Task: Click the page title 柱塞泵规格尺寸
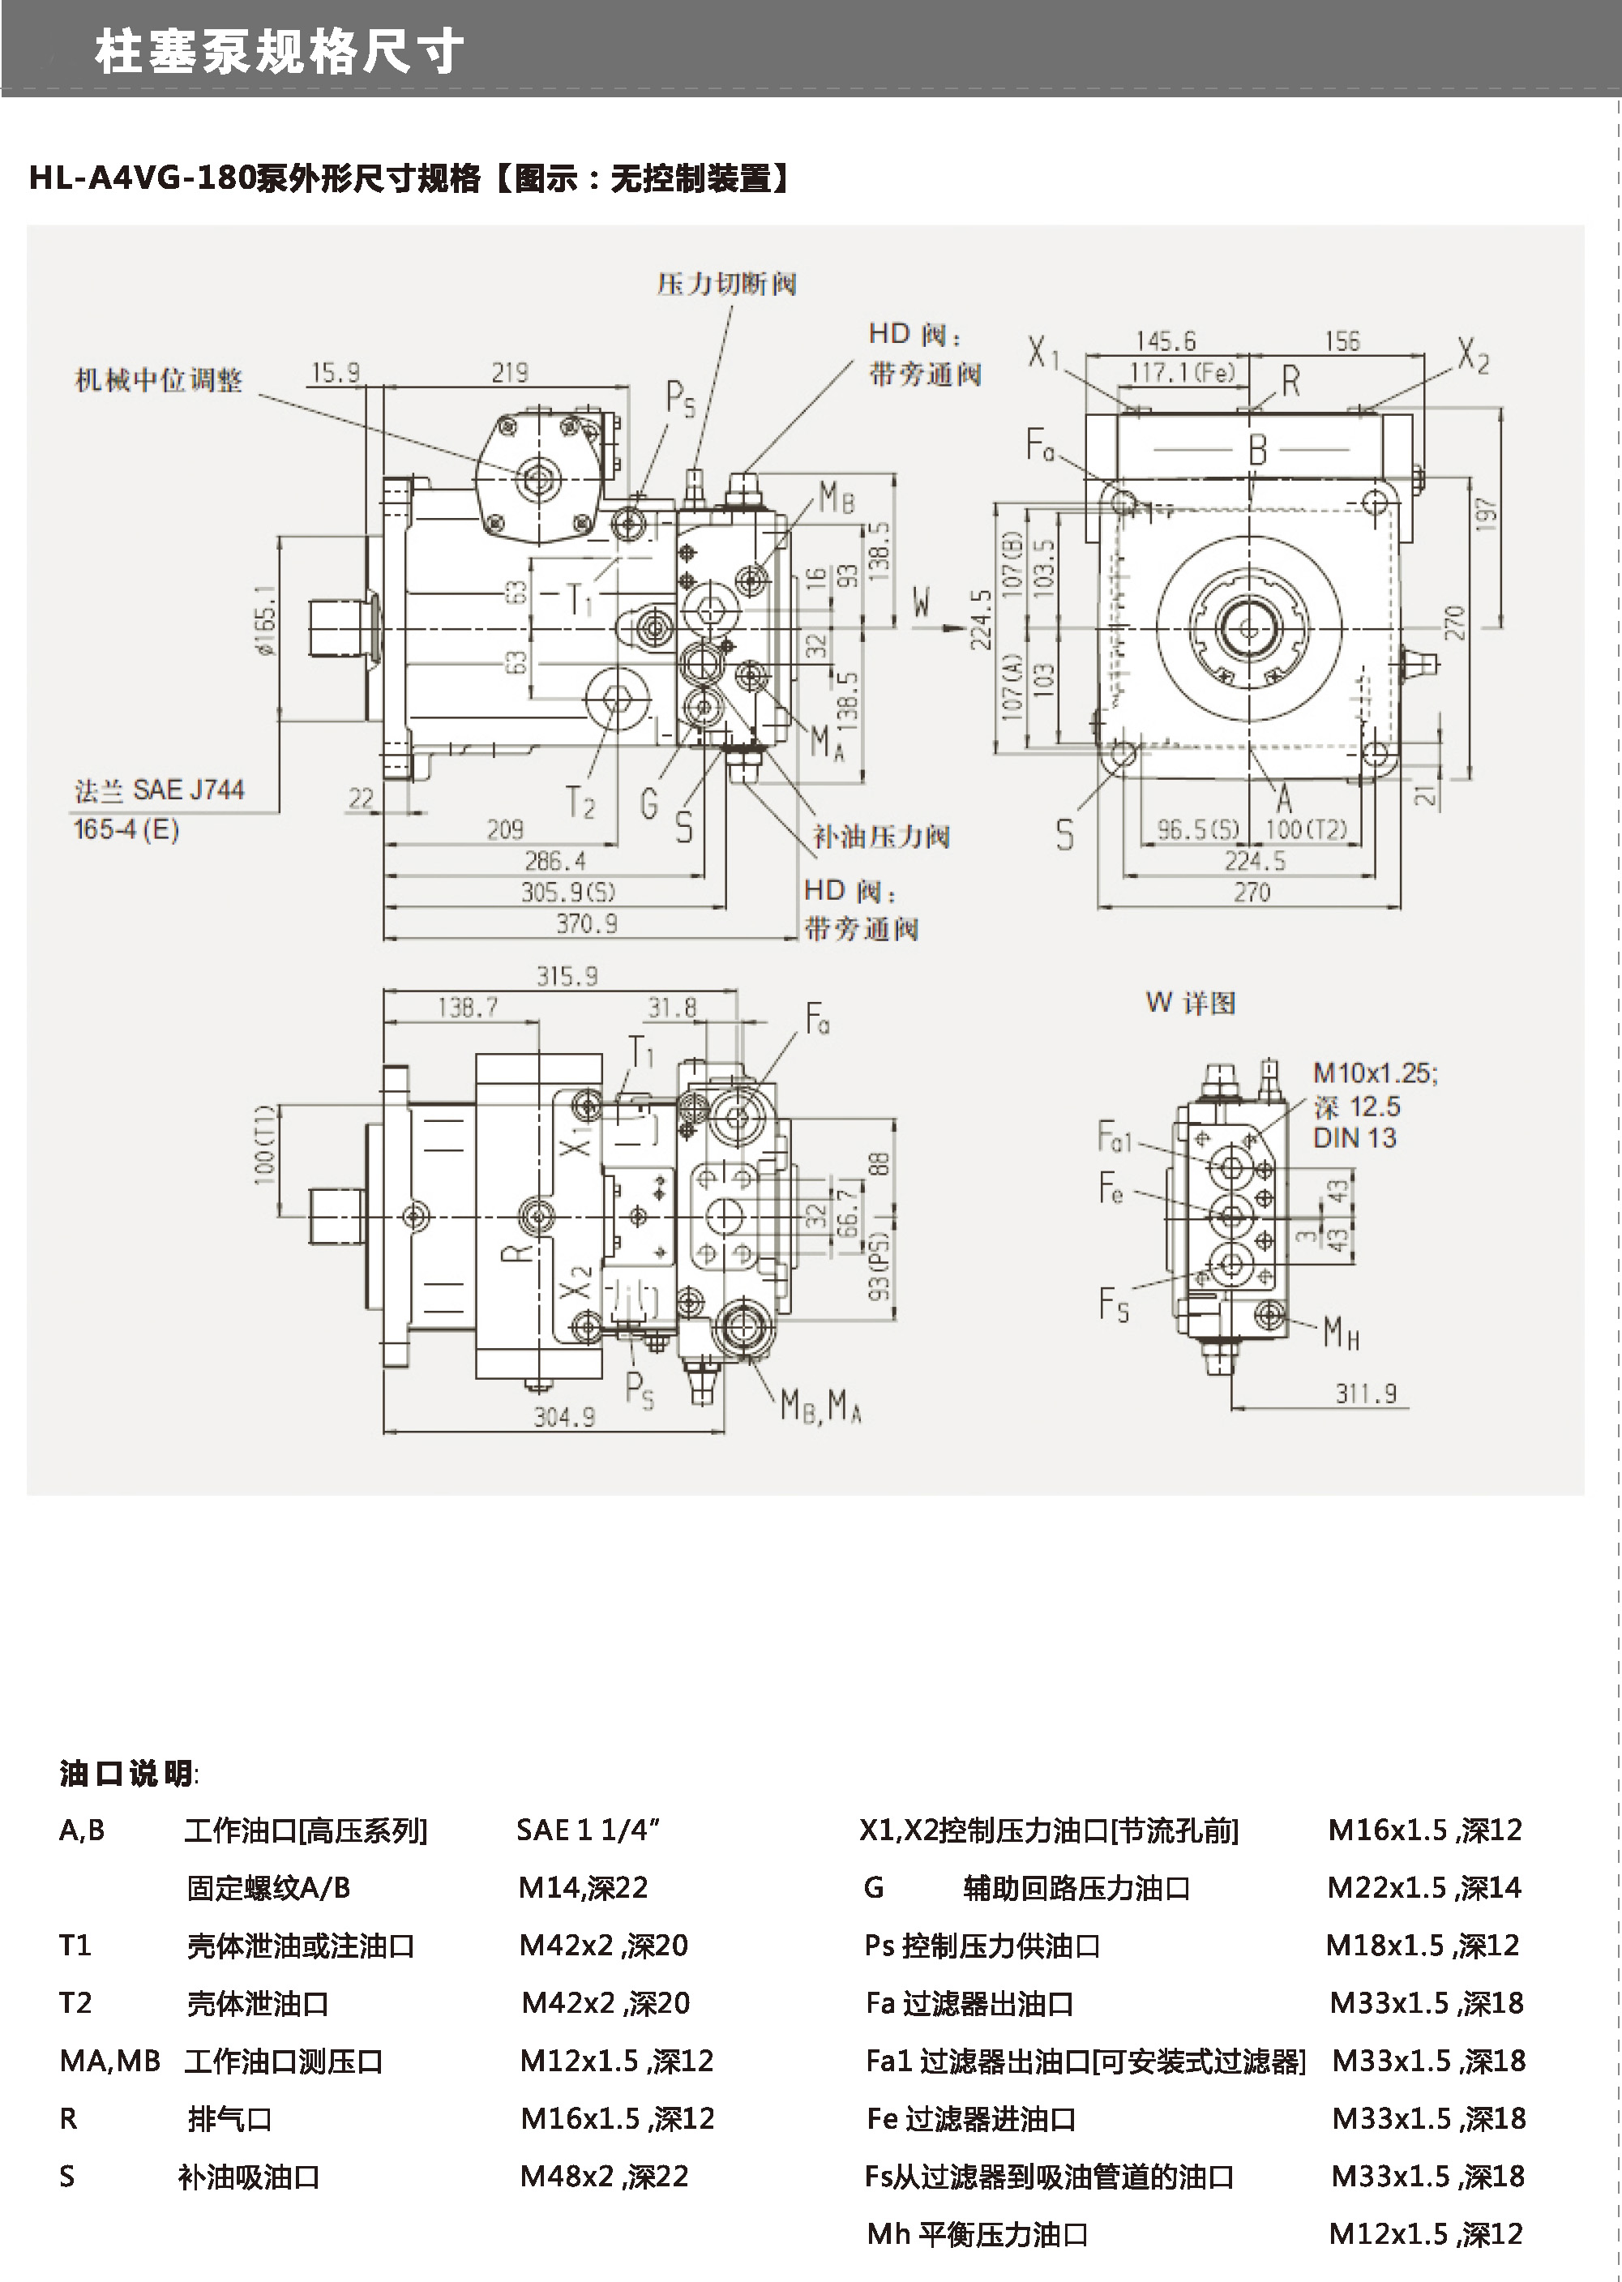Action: (280, 52)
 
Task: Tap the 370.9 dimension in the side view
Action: (586, 924)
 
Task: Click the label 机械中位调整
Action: (159, 380)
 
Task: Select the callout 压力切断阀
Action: (726, 285)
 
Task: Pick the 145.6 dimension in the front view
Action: (1165, 341)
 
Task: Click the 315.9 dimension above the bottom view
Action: (567, 976)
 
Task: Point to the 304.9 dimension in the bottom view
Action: (563, 1417)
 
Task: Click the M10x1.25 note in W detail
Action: (1374, 1073)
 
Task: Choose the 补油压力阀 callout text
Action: (880, 837)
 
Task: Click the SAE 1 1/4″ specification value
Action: (587, 1830)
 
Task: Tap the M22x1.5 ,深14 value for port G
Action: (1423, 1887)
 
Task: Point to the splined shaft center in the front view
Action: (1248, 628)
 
